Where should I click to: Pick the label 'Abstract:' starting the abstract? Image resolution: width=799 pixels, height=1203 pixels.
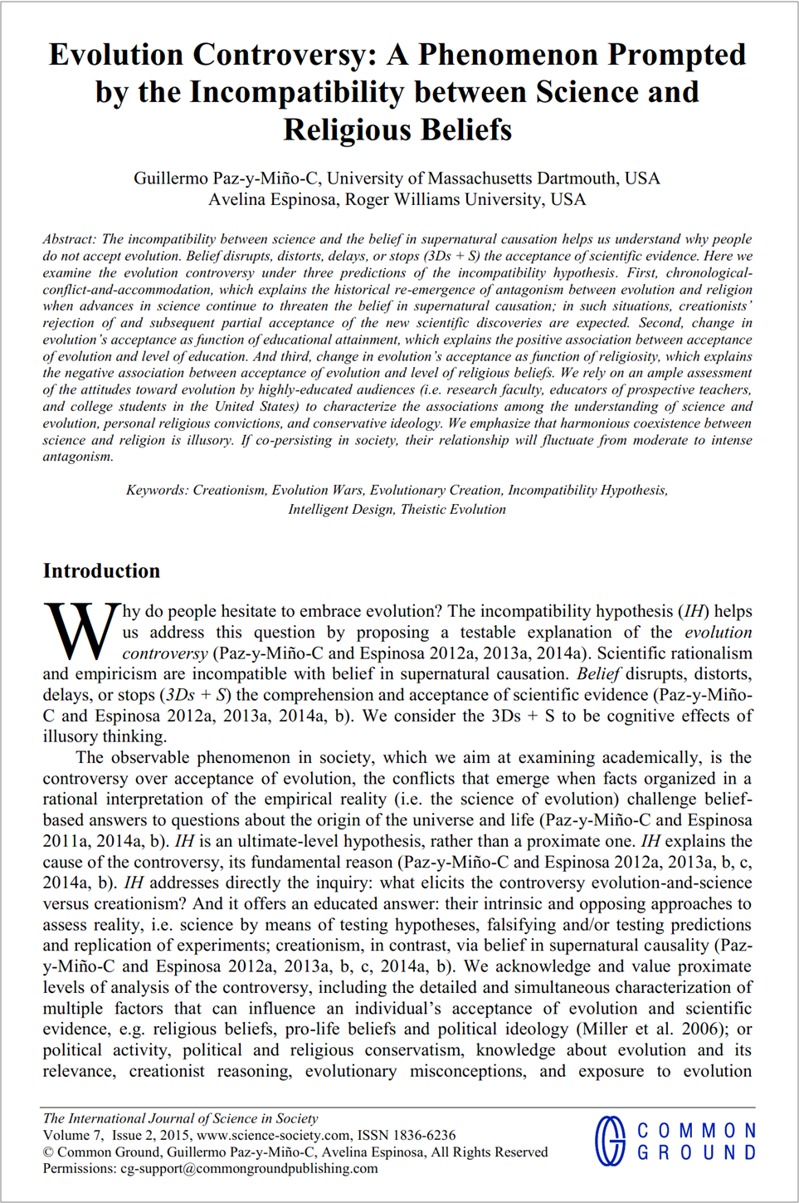click(70, 239)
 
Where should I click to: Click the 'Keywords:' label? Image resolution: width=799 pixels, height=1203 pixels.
click(157, 490)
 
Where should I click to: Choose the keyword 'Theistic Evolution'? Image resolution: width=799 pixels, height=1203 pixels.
click(453, 509)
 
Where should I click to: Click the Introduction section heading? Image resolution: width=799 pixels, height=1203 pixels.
click(101, 571)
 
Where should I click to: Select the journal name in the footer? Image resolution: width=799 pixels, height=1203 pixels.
click(180, 1118)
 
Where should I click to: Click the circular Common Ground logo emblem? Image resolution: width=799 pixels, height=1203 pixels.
click(611, 1141)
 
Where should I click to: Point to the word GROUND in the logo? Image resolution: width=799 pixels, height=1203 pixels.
click(696, 1152)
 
